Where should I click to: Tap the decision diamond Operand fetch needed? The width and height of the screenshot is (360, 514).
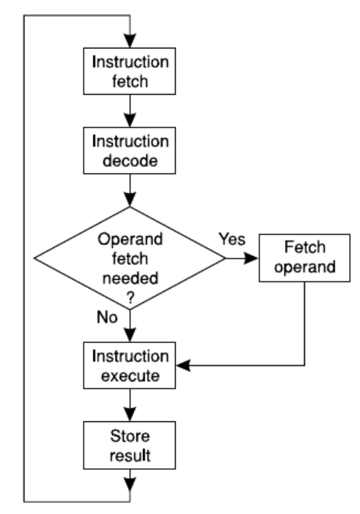point(129,258)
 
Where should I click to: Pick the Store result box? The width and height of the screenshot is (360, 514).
point(129,442)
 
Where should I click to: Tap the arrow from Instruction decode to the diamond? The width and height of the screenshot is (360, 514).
point(129,193)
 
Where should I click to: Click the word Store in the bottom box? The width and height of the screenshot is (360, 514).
point(129,434)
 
